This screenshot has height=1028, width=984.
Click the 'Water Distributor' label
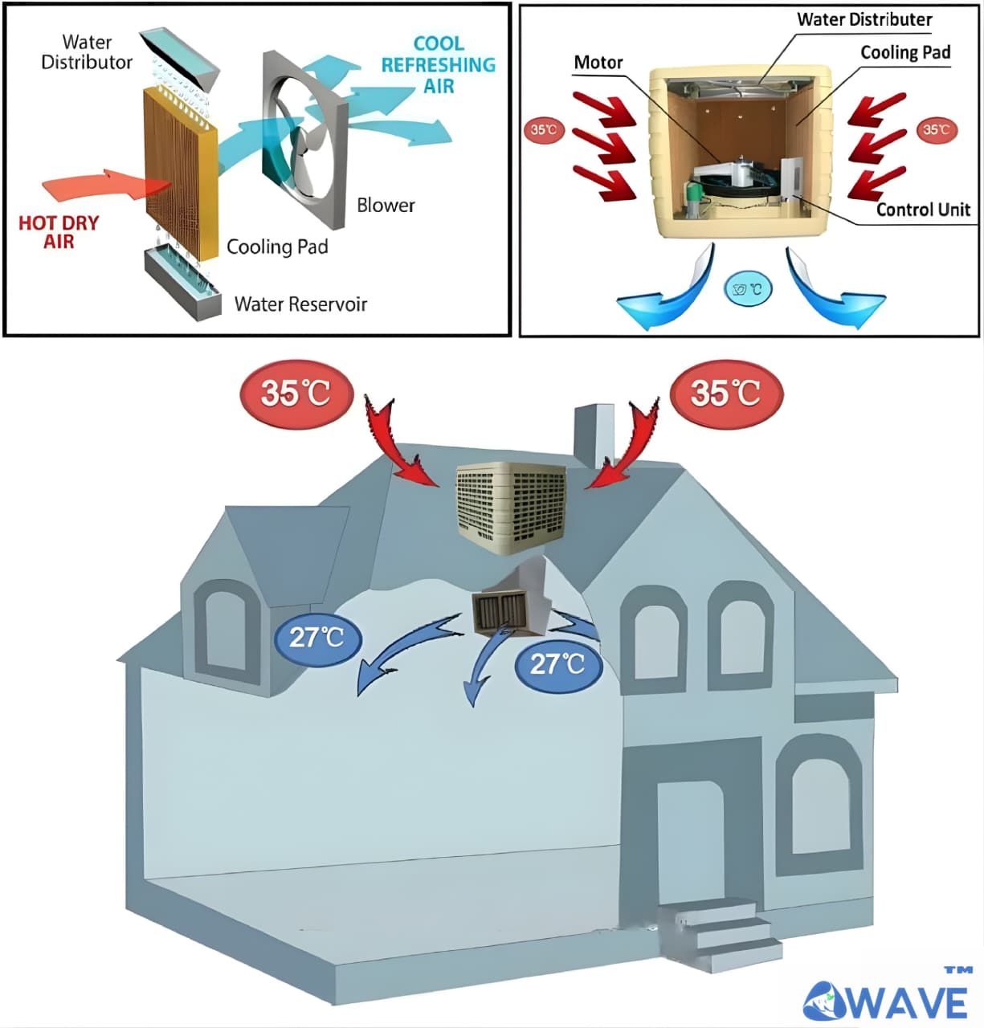[87, 52]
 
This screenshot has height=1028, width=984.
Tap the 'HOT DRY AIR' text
[59, 232]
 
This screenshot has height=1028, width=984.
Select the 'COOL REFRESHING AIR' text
[438, 65]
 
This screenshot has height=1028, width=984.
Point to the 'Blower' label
[386, 206]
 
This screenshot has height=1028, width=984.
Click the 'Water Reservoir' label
[300, 304]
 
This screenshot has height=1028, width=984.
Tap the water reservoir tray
[183, 285]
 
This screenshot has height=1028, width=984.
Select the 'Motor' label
[598, 63]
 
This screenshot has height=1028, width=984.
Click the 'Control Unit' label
[923, 210]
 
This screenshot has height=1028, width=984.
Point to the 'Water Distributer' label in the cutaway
[864, 19]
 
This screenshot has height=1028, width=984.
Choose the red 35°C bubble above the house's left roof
[296, 394]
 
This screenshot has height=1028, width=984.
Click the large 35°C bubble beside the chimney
[725, 394]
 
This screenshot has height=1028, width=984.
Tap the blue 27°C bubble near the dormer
[316, 638]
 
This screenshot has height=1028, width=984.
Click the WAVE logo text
[887, 1000]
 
